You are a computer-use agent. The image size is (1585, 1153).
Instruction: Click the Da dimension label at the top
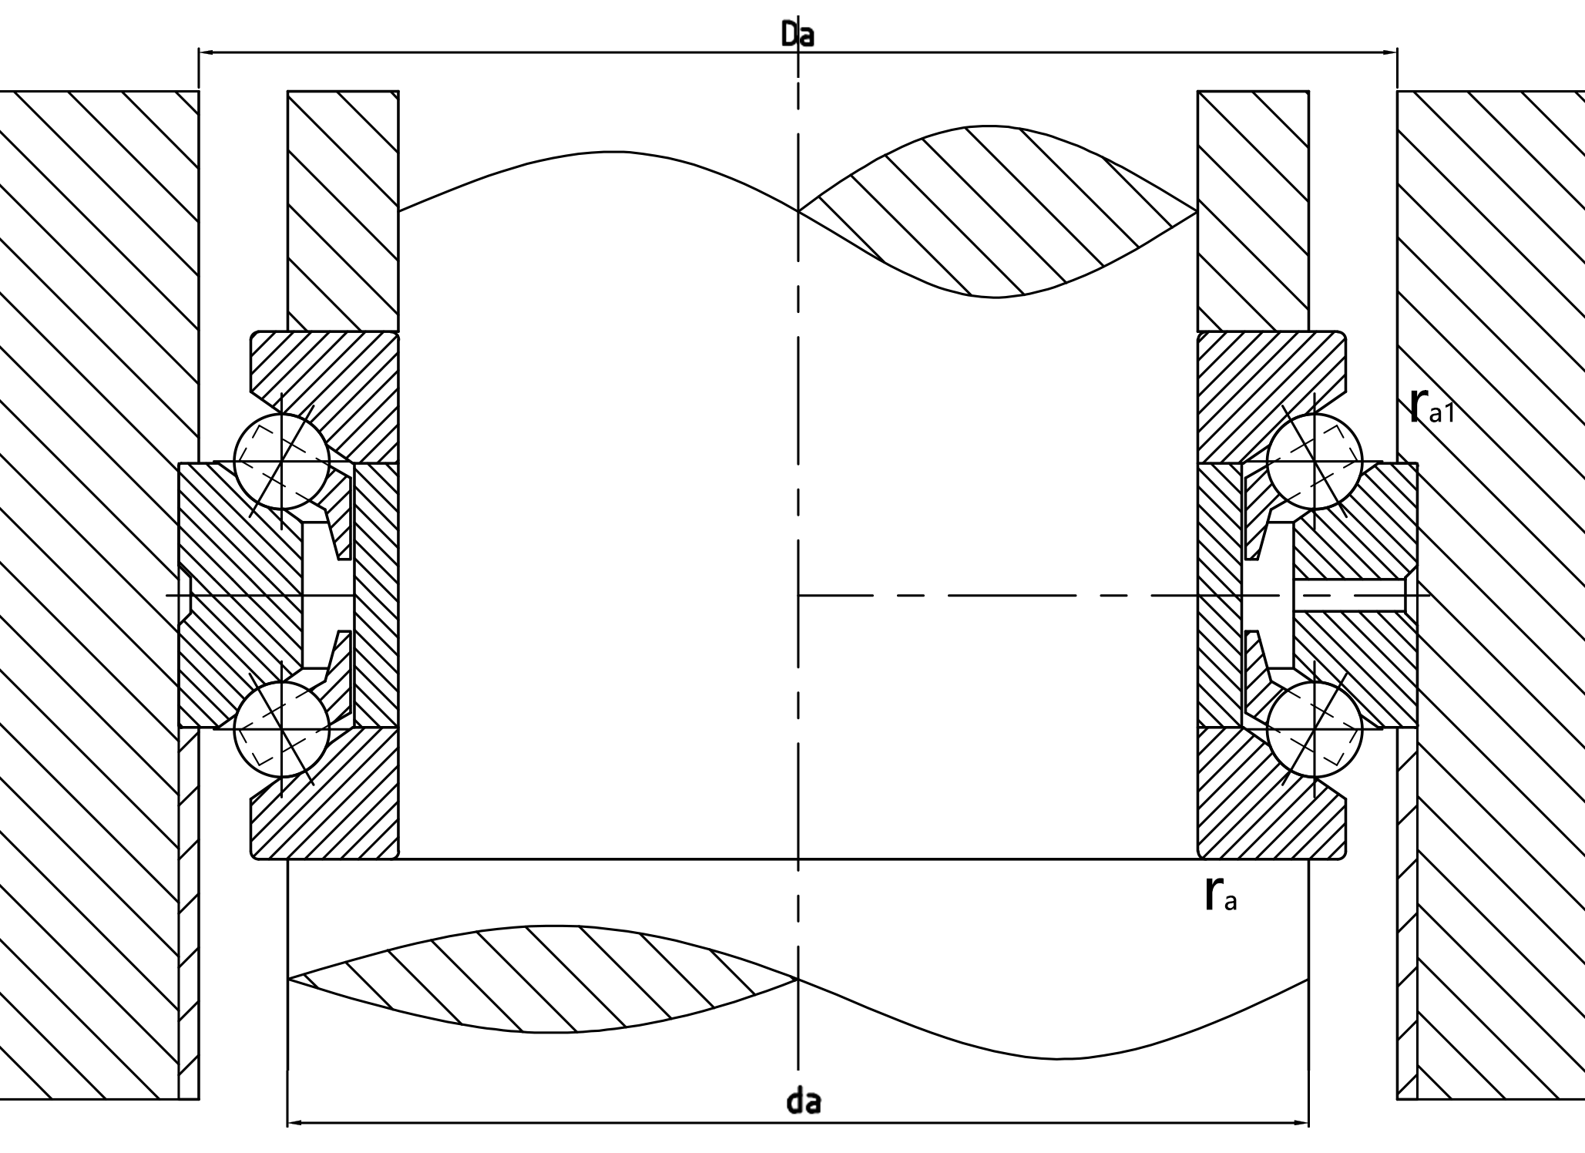pos(797,35)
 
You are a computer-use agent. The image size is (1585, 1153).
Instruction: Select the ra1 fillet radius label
pos(1430,408)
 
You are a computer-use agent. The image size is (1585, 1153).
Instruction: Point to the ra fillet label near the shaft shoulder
pos(1220,895)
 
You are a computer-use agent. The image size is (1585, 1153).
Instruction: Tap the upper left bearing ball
pos(282,462)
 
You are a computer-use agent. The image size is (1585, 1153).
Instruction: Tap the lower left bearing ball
pos(282,729)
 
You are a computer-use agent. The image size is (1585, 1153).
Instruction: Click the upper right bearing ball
pos(1315,462)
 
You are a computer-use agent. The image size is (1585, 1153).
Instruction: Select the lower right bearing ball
pos(1315,729)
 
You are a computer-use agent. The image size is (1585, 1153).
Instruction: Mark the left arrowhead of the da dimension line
pos(294,1123)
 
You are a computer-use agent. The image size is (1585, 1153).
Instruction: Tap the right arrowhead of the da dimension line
pos(1302,1123)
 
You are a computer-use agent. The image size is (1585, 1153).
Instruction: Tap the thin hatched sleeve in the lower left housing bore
pos(189,909)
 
